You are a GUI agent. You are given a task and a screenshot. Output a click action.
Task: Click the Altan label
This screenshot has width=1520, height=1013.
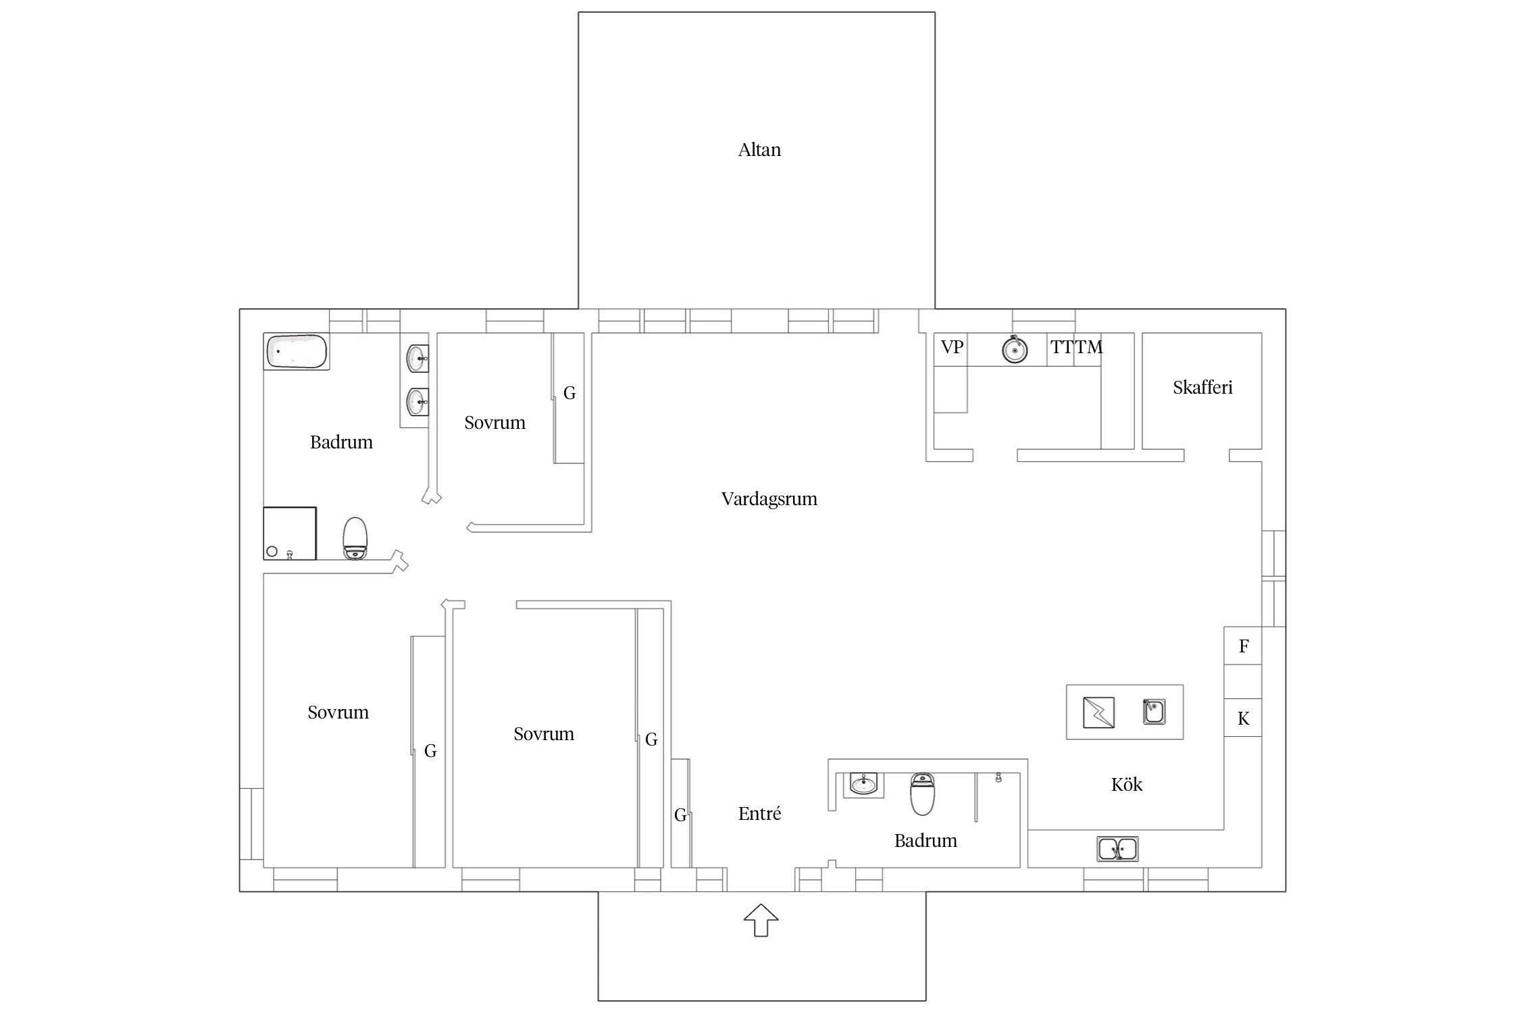(759, 149)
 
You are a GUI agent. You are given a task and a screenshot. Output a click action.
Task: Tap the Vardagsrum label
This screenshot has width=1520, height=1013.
(769, 499)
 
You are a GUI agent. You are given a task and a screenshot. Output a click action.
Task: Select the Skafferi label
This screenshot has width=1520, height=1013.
(1202, 388)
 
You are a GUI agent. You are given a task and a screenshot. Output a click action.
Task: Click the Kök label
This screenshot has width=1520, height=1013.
(1126, 784)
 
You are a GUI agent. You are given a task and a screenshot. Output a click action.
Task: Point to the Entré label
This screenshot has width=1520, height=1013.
(759, 813)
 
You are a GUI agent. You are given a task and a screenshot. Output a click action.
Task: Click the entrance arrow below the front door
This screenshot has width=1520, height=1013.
(761, 920)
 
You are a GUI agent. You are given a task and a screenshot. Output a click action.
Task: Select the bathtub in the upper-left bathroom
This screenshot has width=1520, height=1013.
(297, 351)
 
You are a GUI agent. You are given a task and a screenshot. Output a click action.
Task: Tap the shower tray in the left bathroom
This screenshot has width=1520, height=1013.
(290, 534)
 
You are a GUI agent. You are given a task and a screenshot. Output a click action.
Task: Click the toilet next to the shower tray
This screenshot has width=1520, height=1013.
(355, 538)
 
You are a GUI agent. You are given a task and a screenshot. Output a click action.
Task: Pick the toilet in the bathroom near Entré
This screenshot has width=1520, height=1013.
(923, 794)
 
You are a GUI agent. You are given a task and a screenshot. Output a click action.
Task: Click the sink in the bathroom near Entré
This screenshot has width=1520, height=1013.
(863, 784)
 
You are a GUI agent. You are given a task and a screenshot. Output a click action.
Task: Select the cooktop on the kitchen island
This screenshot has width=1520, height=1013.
(1098, 712)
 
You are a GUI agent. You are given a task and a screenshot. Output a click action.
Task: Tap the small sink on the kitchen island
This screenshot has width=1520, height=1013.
(1154, 712)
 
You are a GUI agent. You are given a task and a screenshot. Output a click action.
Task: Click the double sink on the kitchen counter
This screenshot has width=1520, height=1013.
(1117, 849)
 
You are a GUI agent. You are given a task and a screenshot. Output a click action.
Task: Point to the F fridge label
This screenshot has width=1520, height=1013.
(1244, 646)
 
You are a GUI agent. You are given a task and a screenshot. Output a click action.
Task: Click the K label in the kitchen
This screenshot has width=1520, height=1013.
(1244, 719)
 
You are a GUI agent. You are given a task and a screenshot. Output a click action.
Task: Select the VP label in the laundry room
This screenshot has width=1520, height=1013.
(952, 347)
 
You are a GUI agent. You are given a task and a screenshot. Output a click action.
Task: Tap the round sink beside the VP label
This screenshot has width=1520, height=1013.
(1015, 349)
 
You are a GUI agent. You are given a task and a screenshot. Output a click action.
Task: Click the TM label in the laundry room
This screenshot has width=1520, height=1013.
(1089, 347)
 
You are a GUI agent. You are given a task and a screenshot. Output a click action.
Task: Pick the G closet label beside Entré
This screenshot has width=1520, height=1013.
(680, 816)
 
